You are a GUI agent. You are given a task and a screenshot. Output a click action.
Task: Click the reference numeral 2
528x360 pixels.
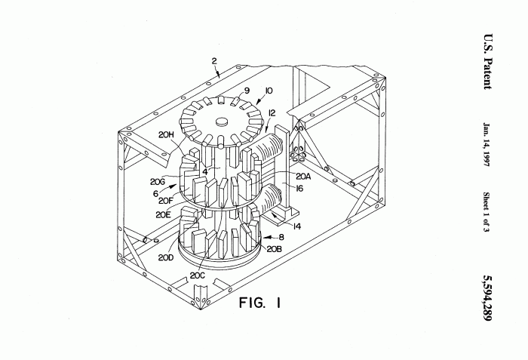pyautogui.click(x=214, y=61)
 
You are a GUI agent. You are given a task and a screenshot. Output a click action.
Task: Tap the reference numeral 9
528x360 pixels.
pyautogui.click(x=247, y=91)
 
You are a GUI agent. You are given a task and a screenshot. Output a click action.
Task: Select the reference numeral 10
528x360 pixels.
pyautogui.click(x=269, y=91)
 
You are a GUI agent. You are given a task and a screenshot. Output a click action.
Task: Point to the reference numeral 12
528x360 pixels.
pyautogui.click(x=272, y=113)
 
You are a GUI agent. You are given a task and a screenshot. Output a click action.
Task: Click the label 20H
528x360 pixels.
pyautogui.click(x=166, y=134)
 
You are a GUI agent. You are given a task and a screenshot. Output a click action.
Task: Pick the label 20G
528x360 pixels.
pyautogui.click(x=157, y=182)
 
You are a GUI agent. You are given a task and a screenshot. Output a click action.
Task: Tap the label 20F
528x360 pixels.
pyautogui.click(x=165, y=201)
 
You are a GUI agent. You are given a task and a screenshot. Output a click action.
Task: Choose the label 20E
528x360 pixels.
pyautogui.click(x=163, y=215)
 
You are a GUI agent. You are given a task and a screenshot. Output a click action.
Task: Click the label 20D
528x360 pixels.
pyautogui.click(x=166, y=258)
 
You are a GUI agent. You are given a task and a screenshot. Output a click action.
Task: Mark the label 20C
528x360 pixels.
pyautogui.click(x=198, y=275)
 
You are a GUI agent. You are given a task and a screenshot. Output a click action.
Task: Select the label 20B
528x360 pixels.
pyautogui.click(x=274, y=249)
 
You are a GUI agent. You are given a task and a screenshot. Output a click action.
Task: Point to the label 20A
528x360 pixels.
pyautogui.click(x=303, y=176)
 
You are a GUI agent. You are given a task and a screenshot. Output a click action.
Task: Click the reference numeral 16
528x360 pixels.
pyautogui.click(x=299, y=188)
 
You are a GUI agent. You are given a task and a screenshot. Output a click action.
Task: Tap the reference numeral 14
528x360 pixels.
pyautogui.click(x=296, y=226)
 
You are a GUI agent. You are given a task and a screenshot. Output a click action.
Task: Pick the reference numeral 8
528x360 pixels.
pyautogui.click(x=281, y=237)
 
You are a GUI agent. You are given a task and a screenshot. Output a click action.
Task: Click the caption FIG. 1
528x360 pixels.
pyautogui.click(x=259, y=303)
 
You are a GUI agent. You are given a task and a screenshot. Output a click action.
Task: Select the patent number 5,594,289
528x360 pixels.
pyautogui.click(x=487, y=298)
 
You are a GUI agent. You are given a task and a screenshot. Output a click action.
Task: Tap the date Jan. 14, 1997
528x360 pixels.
pyautogui.click(x=487, y=145)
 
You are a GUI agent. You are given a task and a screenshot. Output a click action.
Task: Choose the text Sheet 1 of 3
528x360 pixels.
pyautogui.click(x=487, y=212)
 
